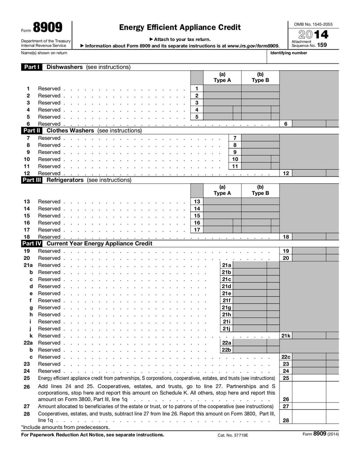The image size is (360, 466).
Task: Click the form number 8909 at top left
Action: click(48, 28)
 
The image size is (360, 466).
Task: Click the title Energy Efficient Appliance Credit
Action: click(180, 27)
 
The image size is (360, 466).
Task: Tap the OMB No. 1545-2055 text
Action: click(313, 23)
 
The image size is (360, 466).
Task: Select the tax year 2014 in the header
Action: click(313, 34)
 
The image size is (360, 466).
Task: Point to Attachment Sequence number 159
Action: click(321, 45)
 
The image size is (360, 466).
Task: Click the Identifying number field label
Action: click(288, 53)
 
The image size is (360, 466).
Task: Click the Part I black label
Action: click(31, 67)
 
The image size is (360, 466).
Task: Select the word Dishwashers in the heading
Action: click(65, 67)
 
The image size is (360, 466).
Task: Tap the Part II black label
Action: click(31, 131)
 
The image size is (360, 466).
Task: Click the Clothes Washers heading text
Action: click(70, 131)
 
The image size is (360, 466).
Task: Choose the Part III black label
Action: click(31, 180)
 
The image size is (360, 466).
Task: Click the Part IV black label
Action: click(31, 244)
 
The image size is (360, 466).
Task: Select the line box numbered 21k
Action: click(286, 336)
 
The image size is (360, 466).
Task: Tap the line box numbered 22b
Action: click(226, 350)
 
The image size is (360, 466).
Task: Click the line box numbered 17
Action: click(197, 230)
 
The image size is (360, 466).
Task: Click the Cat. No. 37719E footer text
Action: click(233, 435)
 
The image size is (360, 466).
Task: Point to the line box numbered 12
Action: click(286, 173)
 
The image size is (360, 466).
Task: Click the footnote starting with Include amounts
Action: click(66, 427)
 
